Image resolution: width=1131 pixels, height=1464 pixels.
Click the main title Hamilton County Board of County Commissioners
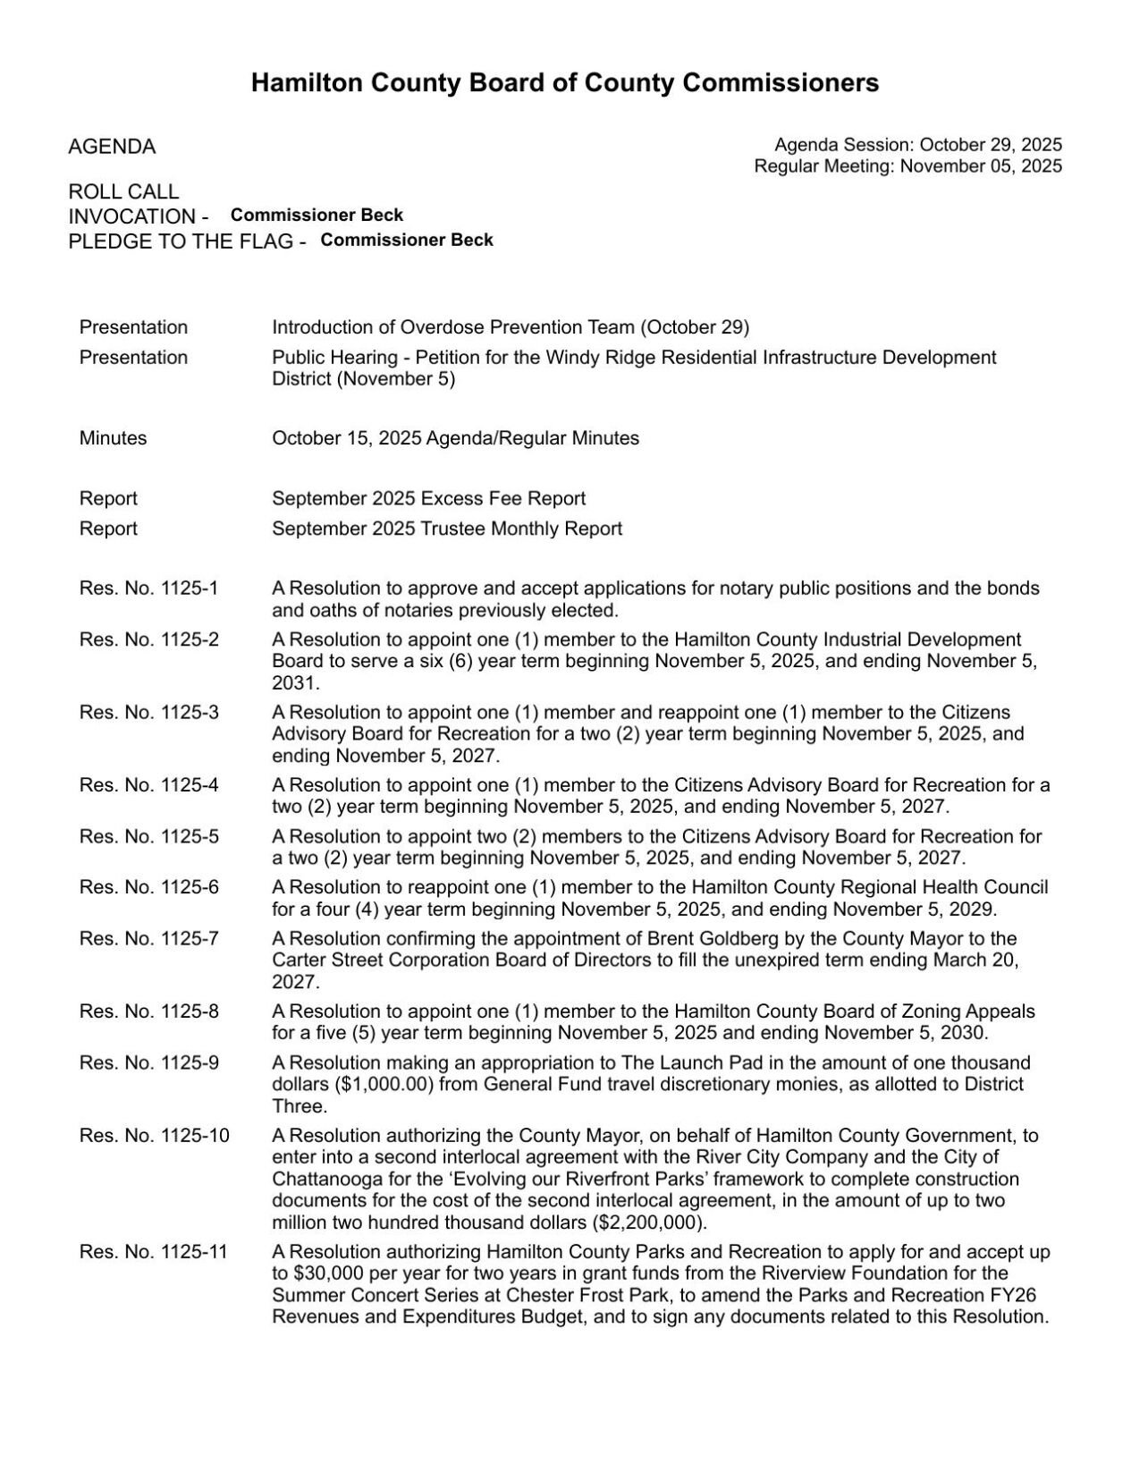pyautogui.click(x=564, y=83)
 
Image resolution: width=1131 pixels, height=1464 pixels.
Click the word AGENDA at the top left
pyautogui.click(x=112, y=147)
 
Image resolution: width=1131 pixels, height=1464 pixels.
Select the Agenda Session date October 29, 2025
pyautogui.click(x=991, y=145)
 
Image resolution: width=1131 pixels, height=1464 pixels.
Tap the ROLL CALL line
pyautogui.click(x=123, y=191)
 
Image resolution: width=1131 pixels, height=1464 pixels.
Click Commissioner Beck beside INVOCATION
pyautogui.click(x=317, y=216)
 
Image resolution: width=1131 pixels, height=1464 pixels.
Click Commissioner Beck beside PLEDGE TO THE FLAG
pyautogui.click(x=407, y=240)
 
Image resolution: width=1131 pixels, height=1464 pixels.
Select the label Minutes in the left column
pyautogui.click(x=113, y=438)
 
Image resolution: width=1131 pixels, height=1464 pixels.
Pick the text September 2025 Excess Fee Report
pyautogui.click(x=428, y=498)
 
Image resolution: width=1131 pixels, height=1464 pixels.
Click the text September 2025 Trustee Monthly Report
pyautogui.click(x=447, y=529)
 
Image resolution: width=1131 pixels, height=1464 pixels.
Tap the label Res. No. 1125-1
pyautogui.click(x=148, y=588)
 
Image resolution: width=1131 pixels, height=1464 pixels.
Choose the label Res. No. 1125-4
pyautogui.click(x=148, y=785)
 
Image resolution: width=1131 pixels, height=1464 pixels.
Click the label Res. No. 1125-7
pyautogui.click(x=148, y=939)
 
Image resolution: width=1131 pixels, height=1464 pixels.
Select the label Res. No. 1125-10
pyautogui.click(x=154, y=1136)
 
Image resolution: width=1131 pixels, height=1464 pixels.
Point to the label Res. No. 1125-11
pyautogui.click(x=154, y=1252)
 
